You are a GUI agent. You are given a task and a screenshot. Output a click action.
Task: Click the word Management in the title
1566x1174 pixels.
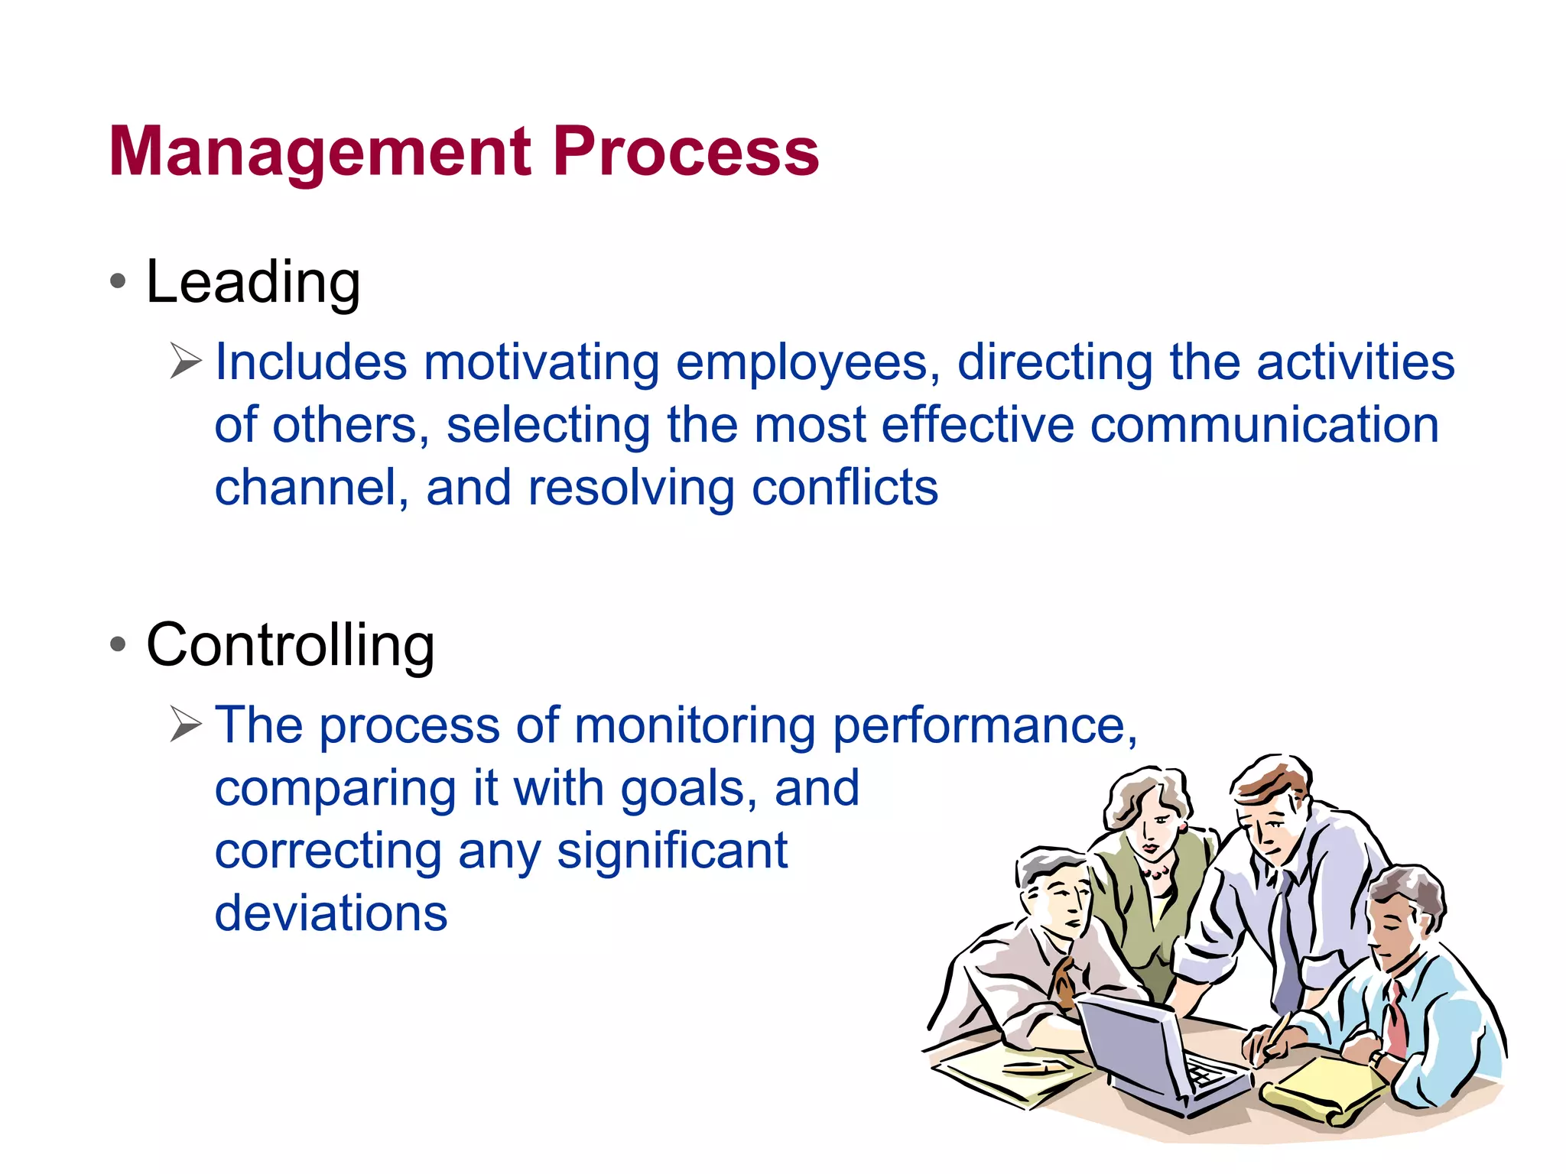point(320,152)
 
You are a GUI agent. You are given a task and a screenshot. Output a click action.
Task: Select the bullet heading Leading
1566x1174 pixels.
point(252,282)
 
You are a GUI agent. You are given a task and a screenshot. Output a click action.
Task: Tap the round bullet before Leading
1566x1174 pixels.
point(118,281)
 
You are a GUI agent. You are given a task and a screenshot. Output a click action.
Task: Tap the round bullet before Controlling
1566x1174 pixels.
point(118,644)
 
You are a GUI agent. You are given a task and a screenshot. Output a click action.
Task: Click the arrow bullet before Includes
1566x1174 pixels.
point(185,361)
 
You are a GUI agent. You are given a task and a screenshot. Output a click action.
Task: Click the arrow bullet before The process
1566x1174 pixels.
point(185,724)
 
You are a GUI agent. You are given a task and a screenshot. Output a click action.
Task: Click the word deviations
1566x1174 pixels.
point(330,913)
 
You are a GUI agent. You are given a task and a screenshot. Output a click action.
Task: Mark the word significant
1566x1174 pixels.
point(671,851)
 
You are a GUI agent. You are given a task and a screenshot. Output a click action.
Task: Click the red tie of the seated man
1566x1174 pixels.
point(1396,1020)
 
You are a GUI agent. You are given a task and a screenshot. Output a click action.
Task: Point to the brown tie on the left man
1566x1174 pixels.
point(1064,982)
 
